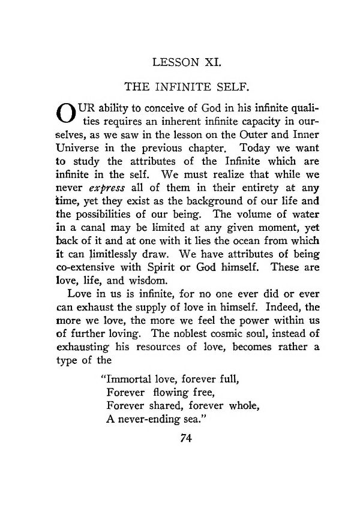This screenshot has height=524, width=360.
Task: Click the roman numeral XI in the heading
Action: pos(201,61)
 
